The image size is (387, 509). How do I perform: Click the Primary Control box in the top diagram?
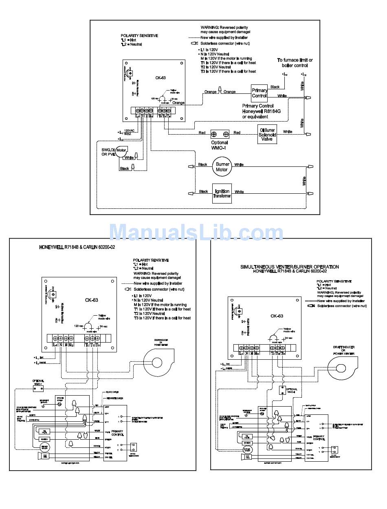tap(259, 93)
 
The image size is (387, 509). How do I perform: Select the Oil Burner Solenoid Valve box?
tap(268, 134)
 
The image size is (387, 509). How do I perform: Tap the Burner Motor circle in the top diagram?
tap(221, 166)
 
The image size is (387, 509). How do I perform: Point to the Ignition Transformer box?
tap(222, 193)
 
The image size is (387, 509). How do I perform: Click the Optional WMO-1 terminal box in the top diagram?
tap(220, 134)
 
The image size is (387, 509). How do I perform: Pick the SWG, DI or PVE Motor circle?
tap(121, 150)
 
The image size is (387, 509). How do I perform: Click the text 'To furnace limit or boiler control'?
tap(295, 62)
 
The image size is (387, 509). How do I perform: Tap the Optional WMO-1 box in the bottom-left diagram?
tap(38, 389)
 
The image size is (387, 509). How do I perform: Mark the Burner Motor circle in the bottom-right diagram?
tap(247, 449)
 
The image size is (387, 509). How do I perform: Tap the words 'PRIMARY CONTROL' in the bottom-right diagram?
tap(319, 438)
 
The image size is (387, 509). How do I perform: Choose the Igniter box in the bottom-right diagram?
tap(246, 443)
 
